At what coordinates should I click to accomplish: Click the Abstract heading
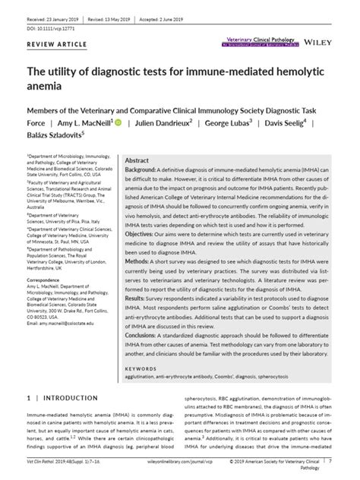point(137,161)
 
